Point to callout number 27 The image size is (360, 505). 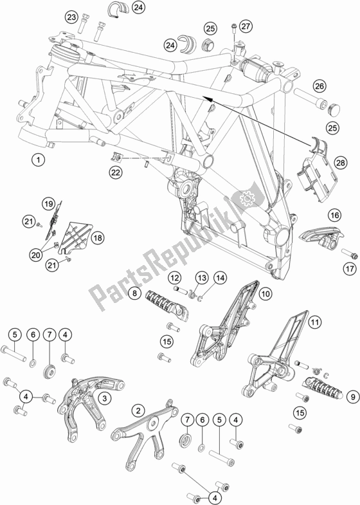(245, 26)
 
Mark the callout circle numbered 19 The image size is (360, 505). (49, 204)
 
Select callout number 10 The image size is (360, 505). (265, 293)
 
